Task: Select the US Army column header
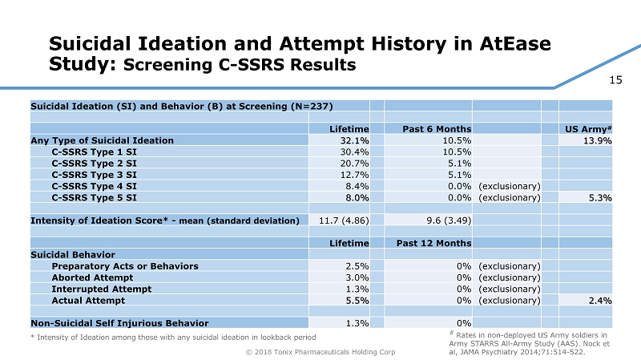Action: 587,128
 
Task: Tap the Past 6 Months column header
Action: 433,128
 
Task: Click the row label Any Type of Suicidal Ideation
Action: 102,140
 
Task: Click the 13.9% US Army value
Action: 599,140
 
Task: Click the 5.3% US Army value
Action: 600,197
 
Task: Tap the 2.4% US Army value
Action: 600,301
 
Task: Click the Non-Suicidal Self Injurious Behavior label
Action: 119,323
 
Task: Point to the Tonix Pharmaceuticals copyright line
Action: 321,351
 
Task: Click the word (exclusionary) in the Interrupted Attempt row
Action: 508,289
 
